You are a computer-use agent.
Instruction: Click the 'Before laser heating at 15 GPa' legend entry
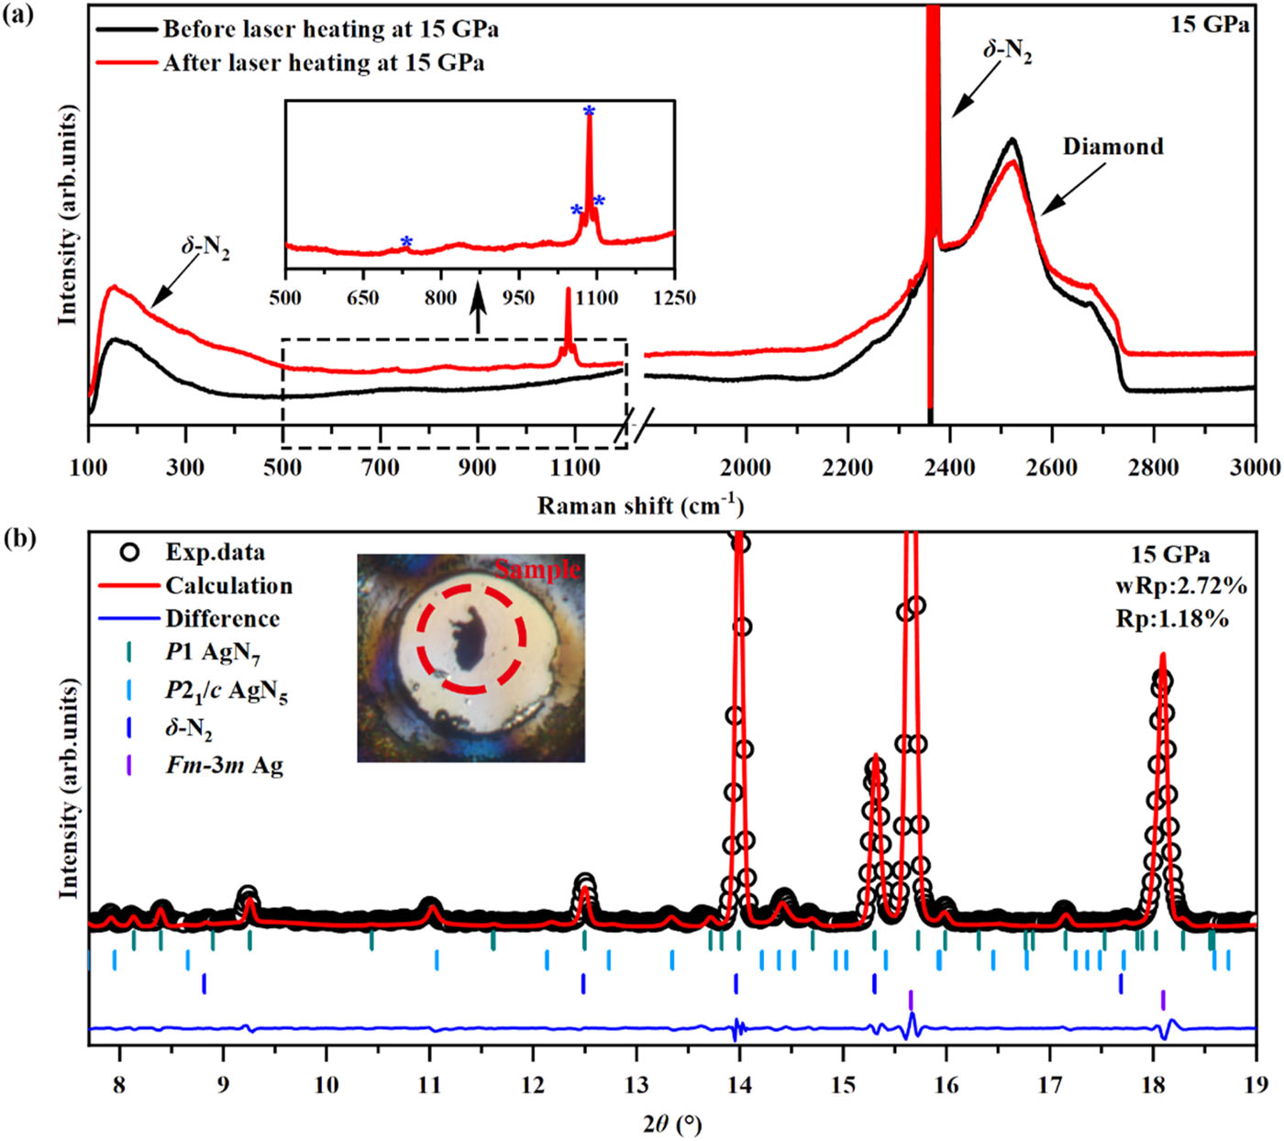(330, 29)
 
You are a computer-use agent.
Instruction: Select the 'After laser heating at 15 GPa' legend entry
(323, 63)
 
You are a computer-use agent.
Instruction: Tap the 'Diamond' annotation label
(1112, 147)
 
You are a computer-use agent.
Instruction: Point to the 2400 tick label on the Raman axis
(949, 468)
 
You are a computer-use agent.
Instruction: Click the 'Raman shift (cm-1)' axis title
(640, 505)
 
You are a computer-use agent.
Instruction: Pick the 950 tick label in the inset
(519, 297)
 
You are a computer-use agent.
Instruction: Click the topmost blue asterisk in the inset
(589, 112)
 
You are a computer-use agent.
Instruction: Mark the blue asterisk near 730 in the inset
(406, 242)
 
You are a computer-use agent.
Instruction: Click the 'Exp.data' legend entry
(215, 552)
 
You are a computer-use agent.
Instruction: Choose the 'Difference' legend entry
(222, 618)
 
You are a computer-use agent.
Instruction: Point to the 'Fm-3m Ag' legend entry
(224, 765)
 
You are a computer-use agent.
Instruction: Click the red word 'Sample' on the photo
(538, 569)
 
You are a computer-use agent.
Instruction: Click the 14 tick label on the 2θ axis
(739, 1085)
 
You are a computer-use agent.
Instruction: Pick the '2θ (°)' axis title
(673, 1123)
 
